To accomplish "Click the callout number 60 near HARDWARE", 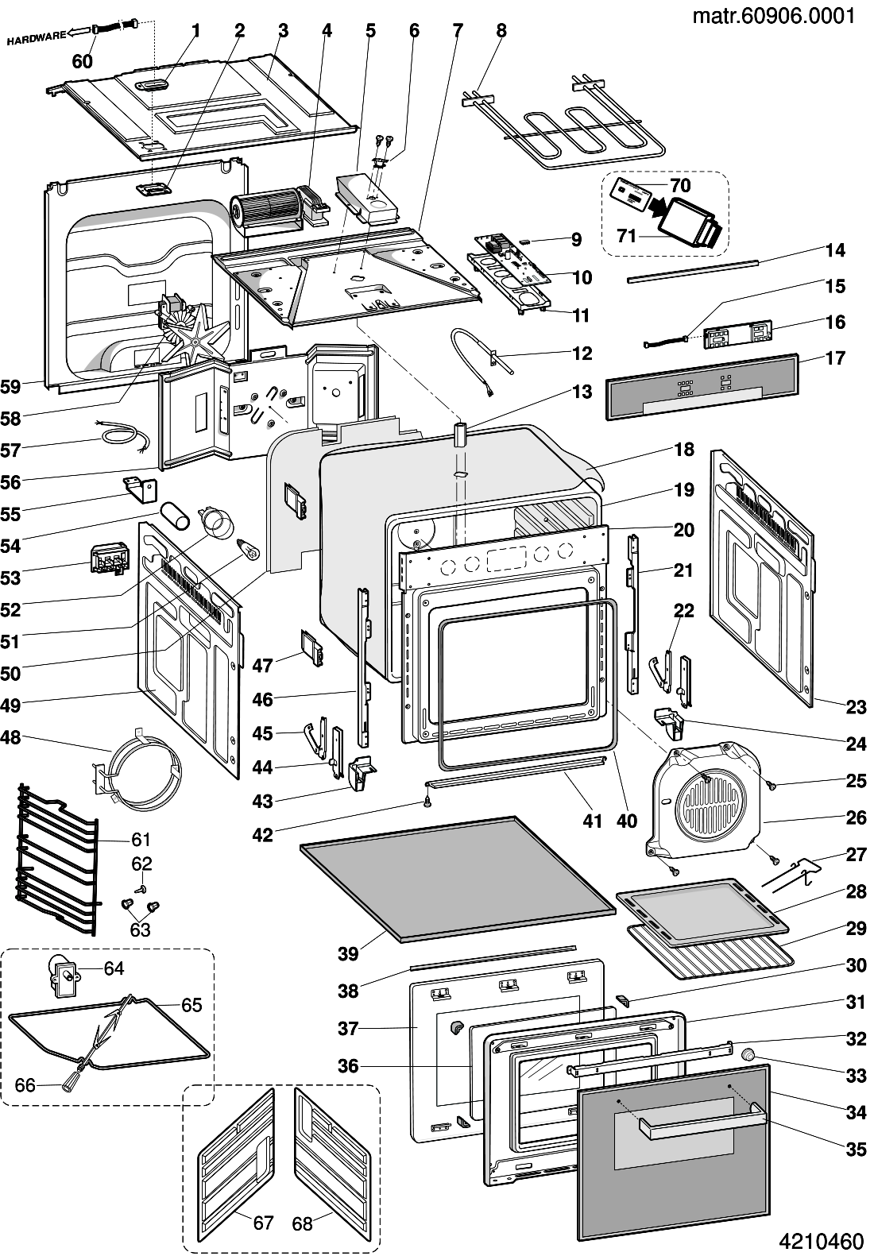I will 83,61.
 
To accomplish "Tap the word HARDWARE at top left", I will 36,37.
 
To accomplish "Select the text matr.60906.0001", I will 773,17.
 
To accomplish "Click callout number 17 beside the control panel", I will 835,358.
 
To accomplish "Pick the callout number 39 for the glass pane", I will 348,953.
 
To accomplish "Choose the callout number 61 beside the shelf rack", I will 141,839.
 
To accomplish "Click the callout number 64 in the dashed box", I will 114,968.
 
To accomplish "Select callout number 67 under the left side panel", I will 264,1223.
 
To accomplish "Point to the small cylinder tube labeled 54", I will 175,515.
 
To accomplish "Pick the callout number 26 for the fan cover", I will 856,817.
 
